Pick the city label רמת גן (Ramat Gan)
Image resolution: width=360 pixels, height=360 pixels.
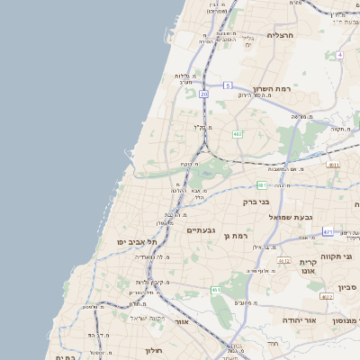tap(236, 235)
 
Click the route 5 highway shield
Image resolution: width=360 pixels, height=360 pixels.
tap(228, 85)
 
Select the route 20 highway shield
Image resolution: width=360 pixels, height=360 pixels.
tap(204, 93)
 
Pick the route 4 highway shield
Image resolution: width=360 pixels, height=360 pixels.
tap(339, 55)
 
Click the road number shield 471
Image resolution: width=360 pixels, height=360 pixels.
tap(328, 231)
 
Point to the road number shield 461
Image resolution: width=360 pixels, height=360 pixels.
tap(216, 289)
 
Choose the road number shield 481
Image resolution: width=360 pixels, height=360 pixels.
tap(262, 185)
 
